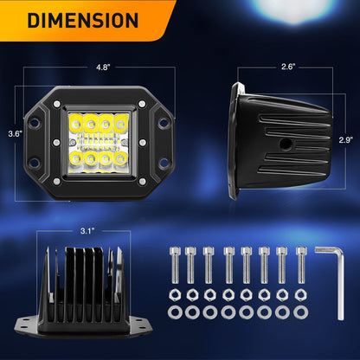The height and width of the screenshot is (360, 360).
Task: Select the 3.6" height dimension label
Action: click(x=15, y=134)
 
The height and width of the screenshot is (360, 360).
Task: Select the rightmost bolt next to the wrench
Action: click(x=301, y=265)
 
